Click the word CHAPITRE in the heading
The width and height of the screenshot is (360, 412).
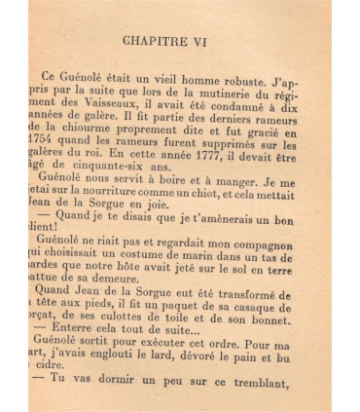(164, 43)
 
